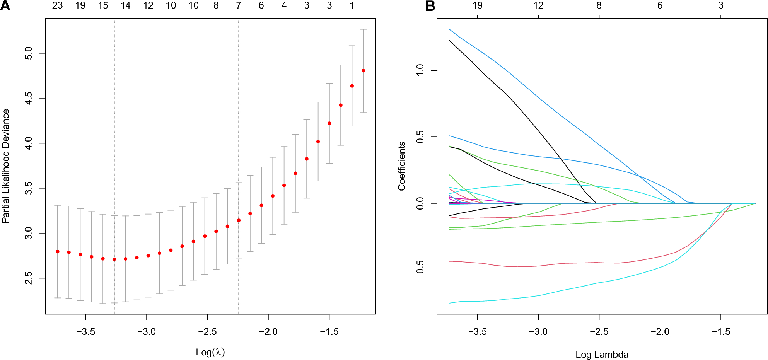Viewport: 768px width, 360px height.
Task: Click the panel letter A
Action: (5, 6)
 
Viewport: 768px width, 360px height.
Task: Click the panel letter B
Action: (430, 6)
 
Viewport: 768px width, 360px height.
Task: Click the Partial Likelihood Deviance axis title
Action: (5, 166)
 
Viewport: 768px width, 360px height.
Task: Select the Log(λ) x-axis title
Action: (210, 352)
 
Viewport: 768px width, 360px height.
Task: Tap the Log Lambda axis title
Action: (602, 354)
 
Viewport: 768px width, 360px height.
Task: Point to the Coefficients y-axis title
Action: (402, 166)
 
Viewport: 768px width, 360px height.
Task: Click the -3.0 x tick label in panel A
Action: (147, 332)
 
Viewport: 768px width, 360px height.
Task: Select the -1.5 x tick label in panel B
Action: (720, 332)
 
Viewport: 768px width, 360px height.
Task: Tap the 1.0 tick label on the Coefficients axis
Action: (420, 70)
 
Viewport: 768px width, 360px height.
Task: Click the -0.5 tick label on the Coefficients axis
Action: (420, 270)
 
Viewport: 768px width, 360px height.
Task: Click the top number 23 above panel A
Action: (58, 5)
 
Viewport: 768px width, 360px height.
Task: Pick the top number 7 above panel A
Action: (239, 5)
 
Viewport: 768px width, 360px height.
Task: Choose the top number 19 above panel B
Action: (478, 5)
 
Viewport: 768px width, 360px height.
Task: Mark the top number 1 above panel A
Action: (352, 5)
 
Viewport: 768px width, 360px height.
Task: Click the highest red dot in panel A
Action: (363, 71)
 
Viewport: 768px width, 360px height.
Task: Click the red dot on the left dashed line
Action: (114, 259)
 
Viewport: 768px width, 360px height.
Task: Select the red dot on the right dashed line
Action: (239, 220)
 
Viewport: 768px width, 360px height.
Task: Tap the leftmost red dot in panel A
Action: (58, 252)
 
